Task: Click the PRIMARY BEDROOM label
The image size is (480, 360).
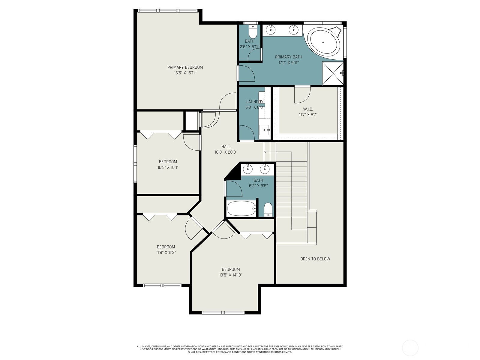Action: coord(185,67)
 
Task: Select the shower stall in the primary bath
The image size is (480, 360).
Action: coord(332,73)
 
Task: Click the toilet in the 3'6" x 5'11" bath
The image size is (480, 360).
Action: coord(253,31)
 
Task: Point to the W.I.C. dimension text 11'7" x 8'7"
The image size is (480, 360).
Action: coord(308,115)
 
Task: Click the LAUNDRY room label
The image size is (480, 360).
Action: coord(254,102)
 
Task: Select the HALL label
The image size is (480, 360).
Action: coord(226,146)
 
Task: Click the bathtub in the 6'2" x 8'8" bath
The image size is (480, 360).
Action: coord(241,208)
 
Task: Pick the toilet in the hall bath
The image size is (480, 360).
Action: coord(268,209)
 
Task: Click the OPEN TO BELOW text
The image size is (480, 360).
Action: coord(315,259)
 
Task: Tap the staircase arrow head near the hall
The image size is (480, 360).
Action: coord(265,152)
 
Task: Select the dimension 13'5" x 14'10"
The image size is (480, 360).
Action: coord(231,275)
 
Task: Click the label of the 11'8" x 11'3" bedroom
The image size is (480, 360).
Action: coord(166,247)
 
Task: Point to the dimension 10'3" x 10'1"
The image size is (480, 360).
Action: coord(168,167)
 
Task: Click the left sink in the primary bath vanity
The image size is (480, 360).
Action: coord(271,29)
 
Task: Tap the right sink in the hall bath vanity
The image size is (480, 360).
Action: coord(265,169)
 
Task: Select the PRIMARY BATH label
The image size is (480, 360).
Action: coord(289,57)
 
